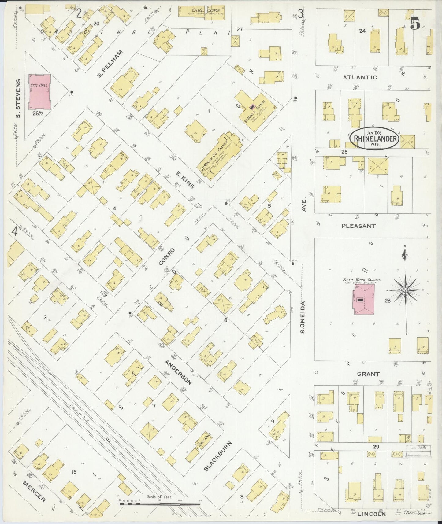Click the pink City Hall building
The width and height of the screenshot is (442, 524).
pyautogui.click(x=39, y=91)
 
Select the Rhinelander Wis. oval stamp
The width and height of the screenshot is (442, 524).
pyautogui.click(x=374, y=138)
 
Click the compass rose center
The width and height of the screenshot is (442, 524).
pyautogui.click(x=405, y=290)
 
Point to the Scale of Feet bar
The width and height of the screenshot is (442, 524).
pyautogui.click(x=160, y=503)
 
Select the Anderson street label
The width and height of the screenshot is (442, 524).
pyautogui.click(x=178, y=372)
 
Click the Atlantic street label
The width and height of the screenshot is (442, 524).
pyautogui.click(x=360, y=77)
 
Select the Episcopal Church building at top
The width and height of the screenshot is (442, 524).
pyautogui.click(x=202, y=12)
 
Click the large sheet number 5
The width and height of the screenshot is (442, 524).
pyautogui.click(x=415, y=23)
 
